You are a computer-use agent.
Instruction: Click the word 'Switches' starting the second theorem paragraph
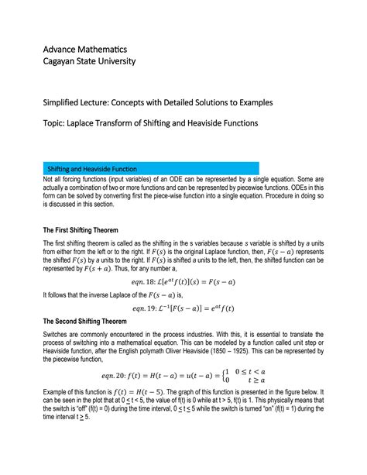click(x=56, y=335)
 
